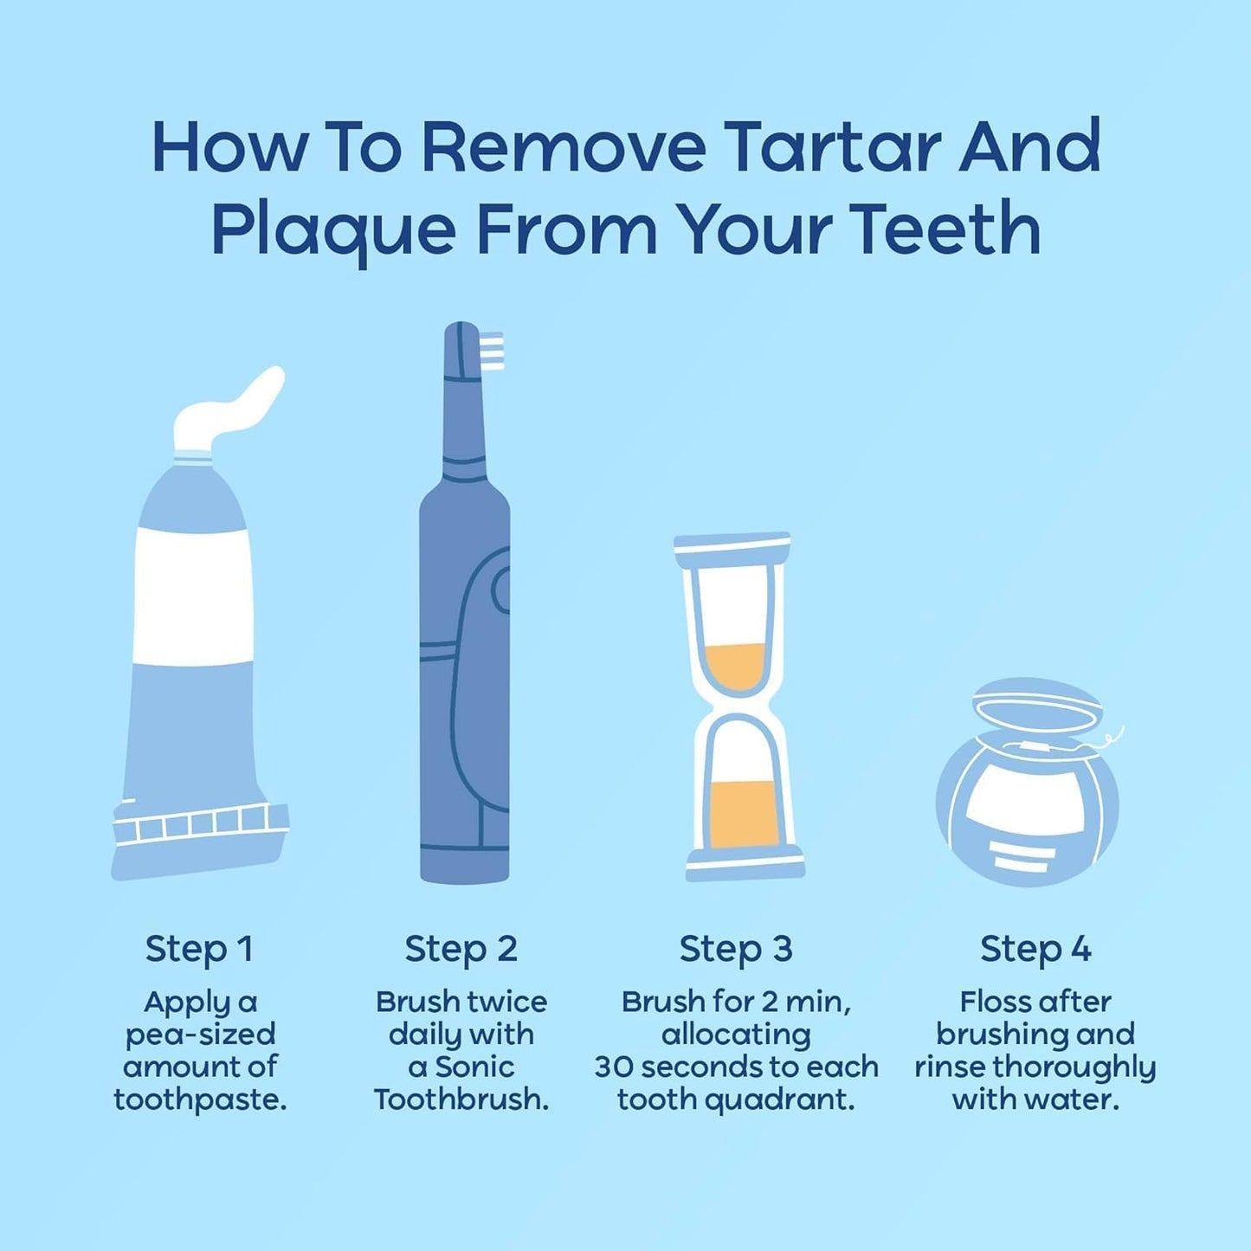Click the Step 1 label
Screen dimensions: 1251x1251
(199, 949)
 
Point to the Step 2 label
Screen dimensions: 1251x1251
(461, 949)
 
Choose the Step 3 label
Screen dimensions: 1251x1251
(736, 949)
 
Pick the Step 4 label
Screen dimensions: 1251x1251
(1035, 949)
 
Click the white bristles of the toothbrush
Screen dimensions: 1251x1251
(492, 351)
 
